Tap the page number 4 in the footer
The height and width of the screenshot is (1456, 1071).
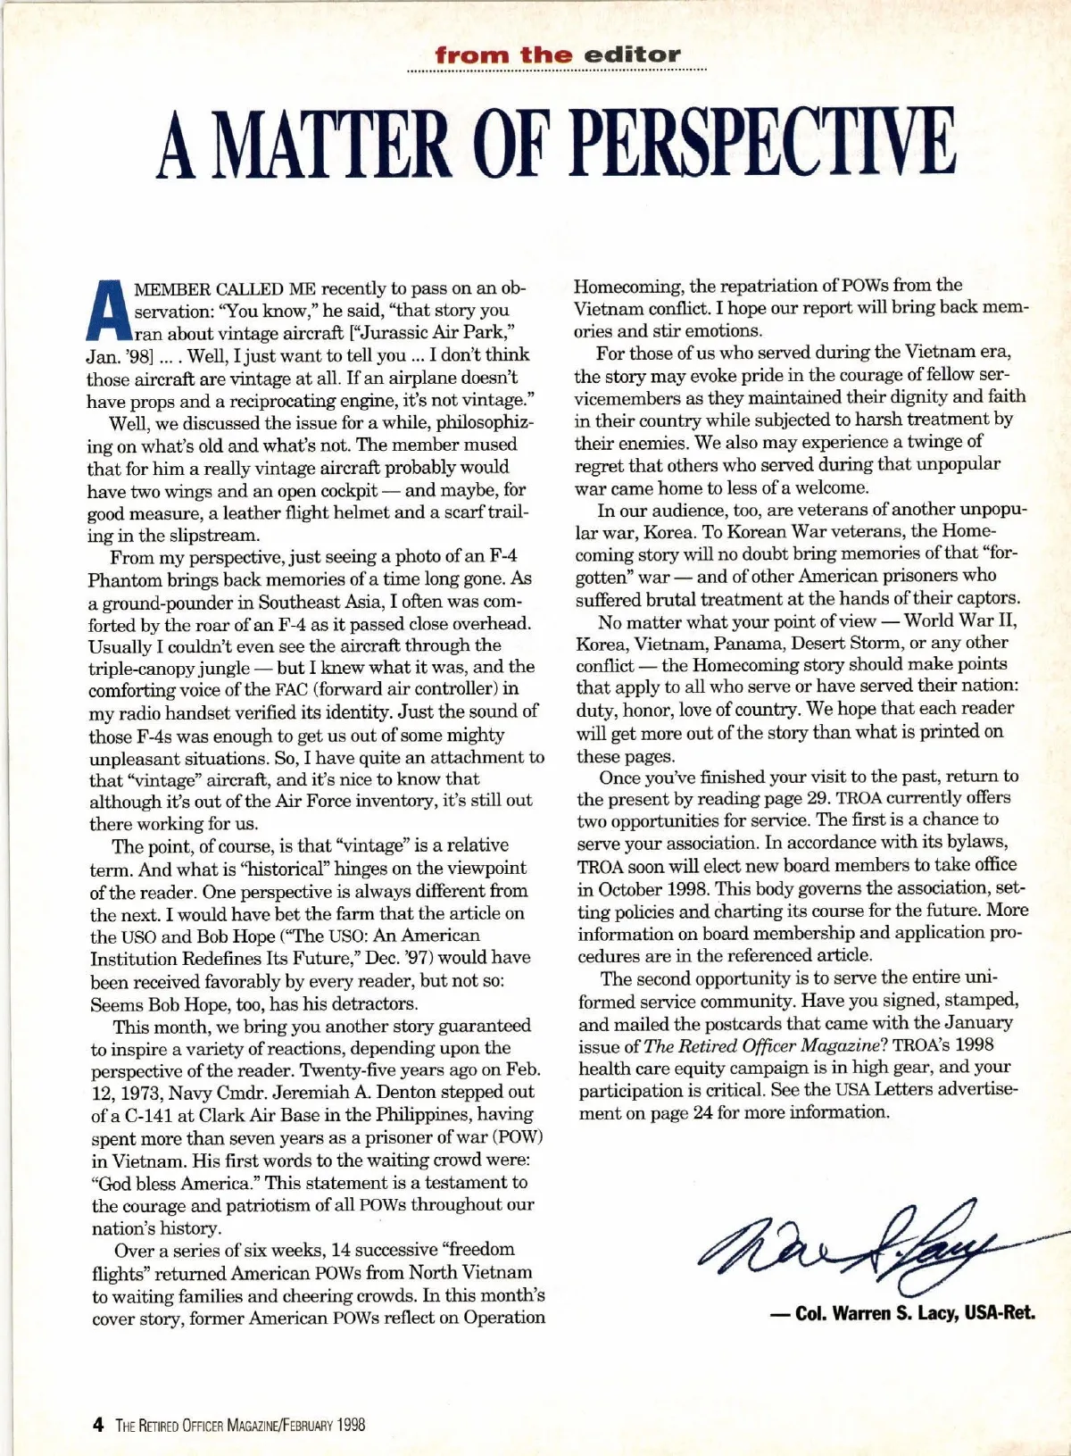pyautogui.click(x=98, y=1425)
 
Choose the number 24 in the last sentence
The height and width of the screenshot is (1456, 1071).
pyautogui.click(x=702, y=1113)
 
